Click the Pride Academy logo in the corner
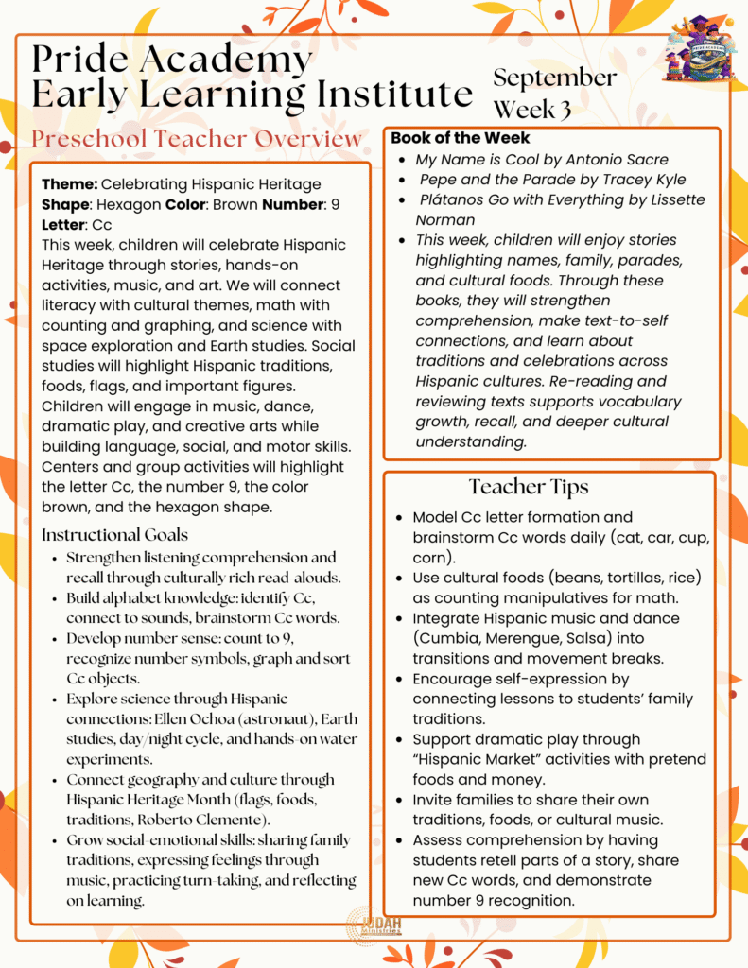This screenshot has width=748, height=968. point(701,48)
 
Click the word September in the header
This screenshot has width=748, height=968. point(554,78)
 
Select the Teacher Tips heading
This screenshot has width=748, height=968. point(529,487)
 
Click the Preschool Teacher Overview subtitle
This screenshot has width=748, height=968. point(196,139)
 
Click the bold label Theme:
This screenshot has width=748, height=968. point(69,184)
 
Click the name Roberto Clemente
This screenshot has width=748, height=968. point(238,820)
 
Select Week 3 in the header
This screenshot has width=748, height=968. point(532,109)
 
